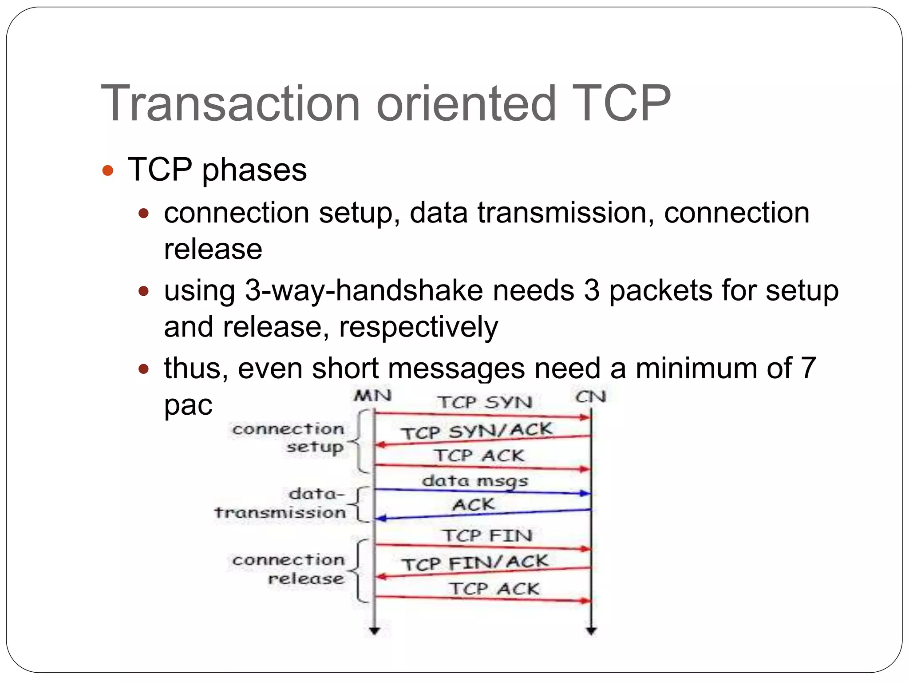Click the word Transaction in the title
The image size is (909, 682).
point(230,103)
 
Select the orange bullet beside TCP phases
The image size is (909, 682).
point(108,170)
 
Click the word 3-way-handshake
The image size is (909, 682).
point(364,291)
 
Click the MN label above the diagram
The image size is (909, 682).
point(372,396)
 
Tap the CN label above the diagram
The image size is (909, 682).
point(591,397)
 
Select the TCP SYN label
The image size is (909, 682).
point(485,402)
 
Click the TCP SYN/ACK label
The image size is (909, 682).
point(477,431)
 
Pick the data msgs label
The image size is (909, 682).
point(475,481)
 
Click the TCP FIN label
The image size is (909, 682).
point(488,535)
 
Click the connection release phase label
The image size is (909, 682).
point(289,569)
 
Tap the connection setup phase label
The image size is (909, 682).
point(289,438)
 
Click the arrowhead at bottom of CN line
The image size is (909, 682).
point(591,630)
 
